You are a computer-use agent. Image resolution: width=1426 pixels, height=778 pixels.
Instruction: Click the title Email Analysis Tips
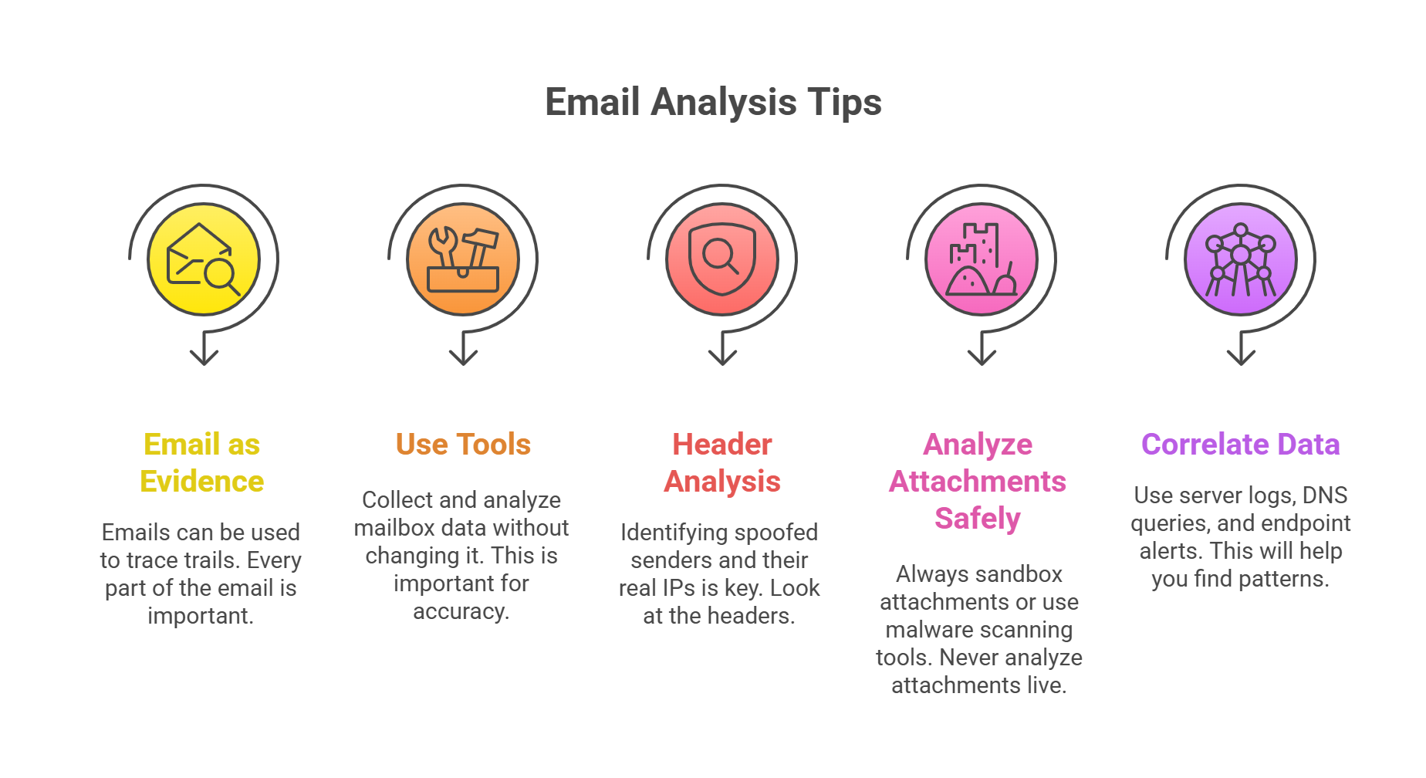(713, 102)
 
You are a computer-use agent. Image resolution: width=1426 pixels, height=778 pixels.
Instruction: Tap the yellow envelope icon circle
(204, 259)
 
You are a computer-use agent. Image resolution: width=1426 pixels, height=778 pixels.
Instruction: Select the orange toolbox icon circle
(463, 259)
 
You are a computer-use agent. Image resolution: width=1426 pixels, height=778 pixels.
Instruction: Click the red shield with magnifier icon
(721, 259)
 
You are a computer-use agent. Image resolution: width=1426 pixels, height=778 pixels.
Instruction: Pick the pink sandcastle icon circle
(982, 259)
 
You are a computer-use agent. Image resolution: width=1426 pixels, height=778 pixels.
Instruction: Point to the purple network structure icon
(1241, 259)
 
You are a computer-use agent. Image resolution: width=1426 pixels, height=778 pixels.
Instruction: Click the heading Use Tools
(463, 445)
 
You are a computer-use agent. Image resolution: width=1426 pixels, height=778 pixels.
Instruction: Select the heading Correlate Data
(1241, 445)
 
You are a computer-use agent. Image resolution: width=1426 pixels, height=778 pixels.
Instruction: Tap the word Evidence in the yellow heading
(202, 482)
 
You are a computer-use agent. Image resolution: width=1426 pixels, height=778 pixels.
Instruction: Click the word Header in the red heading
(722, 445)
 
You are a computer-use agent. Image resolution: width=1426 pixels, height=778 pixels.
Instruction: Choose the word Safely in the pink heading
(978, 519)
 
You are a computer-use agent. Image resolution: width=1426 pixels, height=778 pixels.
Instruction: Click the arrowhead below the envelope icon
(204, 357)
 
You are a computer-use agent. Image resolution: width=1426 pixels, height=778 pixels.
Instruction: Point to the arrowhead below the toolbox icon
(463, 357)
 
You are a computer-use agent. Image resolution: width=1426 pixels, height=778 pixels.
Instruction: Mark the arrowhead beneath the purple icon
(1241, 357)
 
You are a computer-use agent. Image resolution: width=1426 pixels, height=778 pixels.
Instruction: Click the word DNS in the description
(1325, 495)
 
